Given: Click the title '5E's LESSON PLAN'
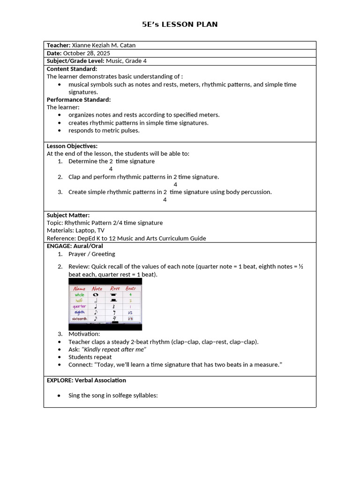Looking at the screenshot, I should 180,24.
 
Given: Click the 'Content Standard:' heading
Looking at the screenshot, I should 72,69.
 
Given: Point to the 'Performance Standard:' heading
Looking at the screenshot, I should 79,99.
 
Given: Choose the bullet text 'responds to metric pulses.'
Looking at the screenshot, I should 104,130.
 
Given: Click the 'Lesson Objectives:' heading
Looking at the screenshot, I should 72,146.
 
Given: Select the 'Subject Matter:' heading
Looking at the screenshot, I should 68,215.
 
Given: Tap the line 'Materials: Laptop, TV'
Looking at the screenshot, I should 75,230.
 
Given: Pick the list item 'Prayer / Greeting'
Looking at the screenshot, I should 91,254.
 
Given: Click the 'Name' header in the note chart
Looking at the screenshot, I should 80,289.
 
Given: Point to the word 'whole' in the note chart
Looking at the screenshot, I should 80,295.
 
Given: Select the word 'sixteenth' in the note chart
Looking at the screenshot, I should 79,319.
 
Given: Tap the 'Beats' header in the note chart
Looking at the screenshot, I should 131,289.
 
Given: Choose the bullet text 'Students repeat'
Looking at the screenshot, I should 90,357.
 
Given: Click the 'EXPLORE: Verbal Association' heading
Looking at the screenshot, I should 86,380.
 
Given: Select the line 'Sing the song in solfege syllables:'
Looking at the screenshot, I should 113,395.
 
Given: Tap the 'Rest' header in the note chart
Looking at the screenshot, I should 114,289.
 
